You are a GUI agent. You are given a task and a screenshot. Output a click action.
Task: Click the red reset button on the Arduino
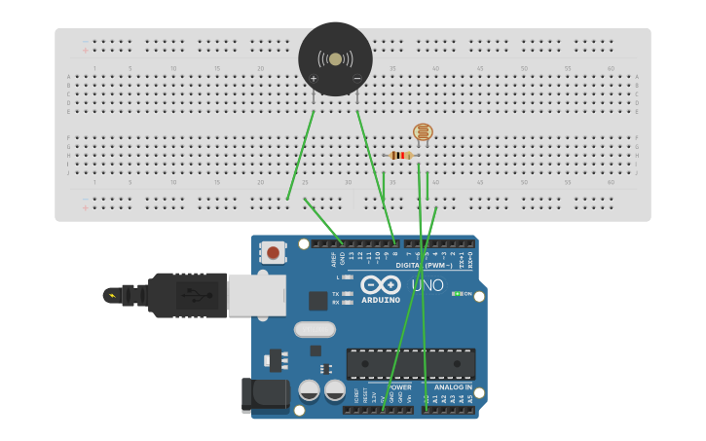tap(273, 253)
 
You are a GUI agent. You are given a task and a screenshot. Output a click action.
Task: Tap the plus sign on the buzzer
tap(314, 78)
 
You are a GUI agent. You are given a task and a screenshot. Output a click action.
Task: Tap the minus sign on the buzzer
tap(356, 78)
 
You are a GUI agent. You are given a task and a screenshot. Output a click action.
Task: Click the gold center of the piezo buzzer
tap(335, 59)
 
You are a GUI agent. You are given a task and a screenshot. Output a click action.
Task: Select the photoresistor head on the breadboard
tap(423, 131)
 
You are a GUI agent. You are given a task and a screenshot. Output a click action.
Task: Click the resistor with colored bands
tap(401, 155)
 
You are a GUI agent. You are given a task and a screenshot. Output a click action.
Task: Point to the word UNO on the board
tap(427, 285)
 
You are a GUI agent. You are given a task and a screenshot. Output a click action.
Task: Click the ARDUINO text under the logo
tap(381, 300)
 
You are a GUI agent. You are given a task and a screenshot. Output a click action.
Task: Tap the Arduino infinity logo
tap(381, 284)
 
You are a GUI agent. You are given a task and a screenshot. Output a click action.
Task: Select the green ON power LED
tap(457, 294)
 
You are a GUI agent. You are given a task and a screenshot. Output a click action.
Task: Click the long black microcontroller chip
tap(411, 363)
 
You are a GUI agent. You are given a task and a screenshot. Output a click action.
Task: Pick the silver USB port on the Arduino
tap(256, 294)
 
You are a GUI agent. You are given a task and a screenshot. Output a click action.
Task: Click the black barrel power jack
tap(265, 394)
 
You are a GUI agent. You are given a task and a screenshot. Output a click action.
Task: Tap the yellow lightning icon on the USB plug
tap(112, 295)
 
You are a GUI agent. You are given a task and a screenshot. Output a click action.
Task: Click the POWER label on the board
tap(397, 387)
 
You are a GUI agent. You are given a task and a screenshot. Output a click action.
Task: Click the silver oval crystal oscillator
tap(315, 329)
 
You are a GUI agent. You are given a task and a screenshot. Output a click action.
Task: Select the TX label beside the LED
tap(336, 293)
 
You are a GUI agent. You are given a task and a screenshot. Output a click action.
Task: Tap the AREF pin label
tap(334, 258)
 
